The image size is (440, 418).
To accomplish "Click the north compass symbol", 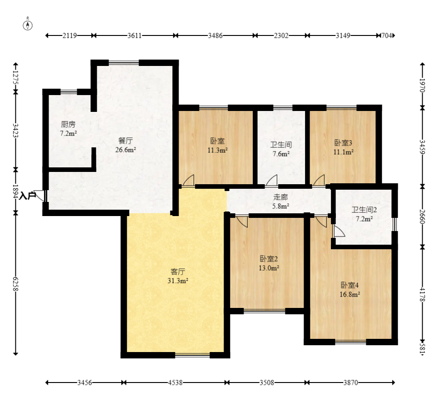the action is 27,25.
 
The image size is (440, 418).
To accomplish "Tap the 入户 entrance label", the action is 28,196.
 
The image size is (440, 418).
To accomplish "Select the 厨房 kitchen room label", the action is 68,124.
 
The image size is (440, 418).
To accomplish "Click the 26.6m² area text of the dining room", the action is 126,150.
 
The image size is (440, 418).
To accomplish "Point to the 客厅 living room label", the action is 178,272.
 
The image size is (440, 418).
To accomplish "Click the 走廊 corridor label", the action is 280,197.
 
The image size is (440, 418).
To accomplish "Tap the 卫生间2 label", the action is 364,210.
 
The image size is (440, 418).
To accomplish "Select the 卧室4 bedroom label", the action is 350,285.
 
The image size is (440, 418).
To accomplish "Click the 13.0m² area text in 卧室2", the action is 269,268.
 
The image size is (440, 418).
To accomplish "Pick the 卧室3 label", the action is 343,143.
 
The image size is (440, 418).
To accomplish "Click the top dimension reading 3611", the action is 135,35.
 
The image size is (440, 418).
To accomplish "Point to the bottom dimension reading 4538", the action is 175,383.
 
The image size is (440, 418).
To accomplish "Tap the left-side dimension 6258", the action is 15,284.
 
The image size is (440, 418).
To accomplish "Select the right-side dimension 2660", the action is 422,217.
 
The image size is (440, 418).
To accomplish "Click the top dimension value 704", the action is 387,35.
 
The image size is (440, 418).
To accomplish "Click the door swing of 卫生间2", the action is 339,231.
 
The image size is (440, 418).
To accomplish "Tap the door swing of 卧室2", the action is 242,222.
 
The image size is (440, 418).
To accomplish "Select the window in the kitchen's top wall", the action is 69,91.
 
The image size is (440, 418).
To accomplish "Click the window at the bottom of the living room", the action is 193,355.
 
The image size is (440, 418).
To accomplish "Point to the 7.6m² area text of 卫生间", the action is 281,154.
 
